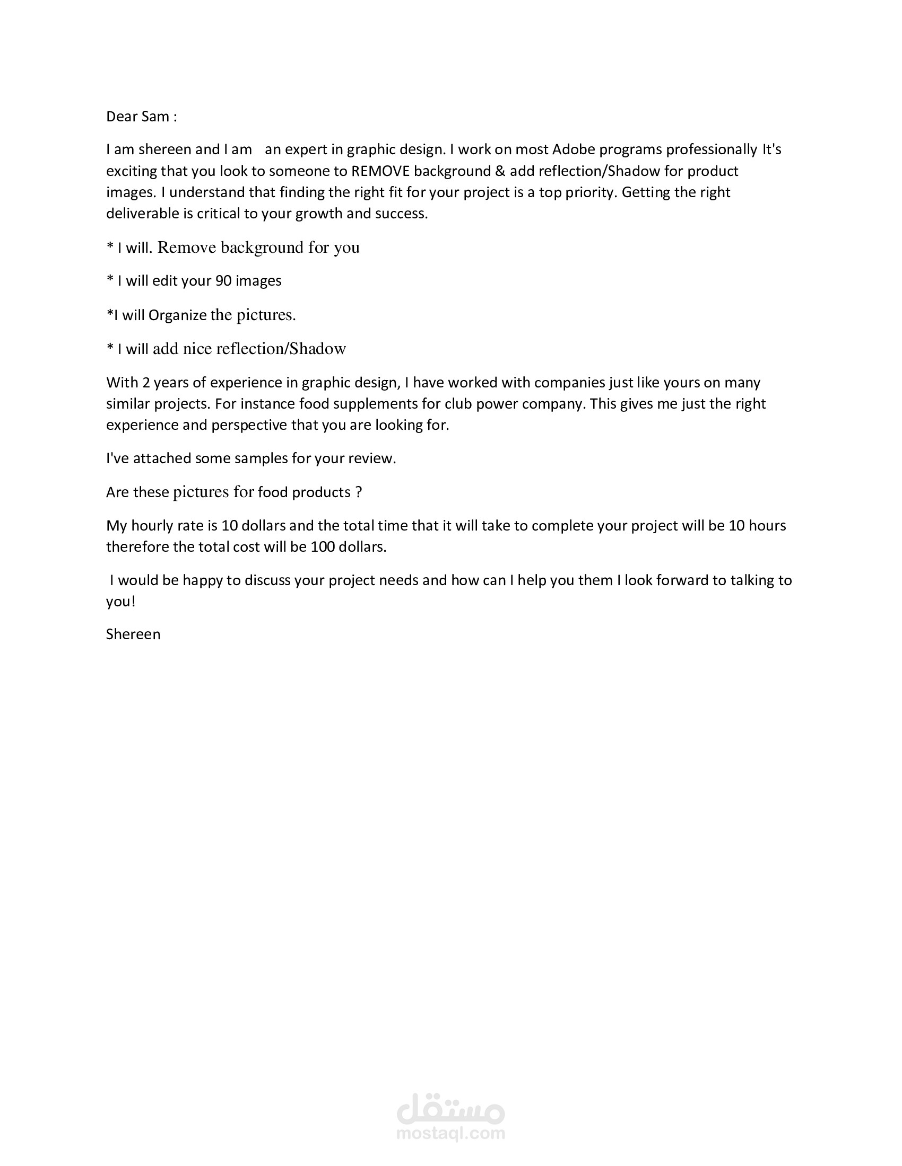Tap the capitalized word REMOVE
(x=380, y=171)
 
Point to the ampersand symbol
(x=500, y=171)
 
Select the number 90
(x=223, y=281)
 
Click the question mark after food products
(x=358, y=492)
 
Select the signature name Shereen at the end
(x=133, y=634)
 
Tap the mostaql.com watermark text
(x=450, y=1133)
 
